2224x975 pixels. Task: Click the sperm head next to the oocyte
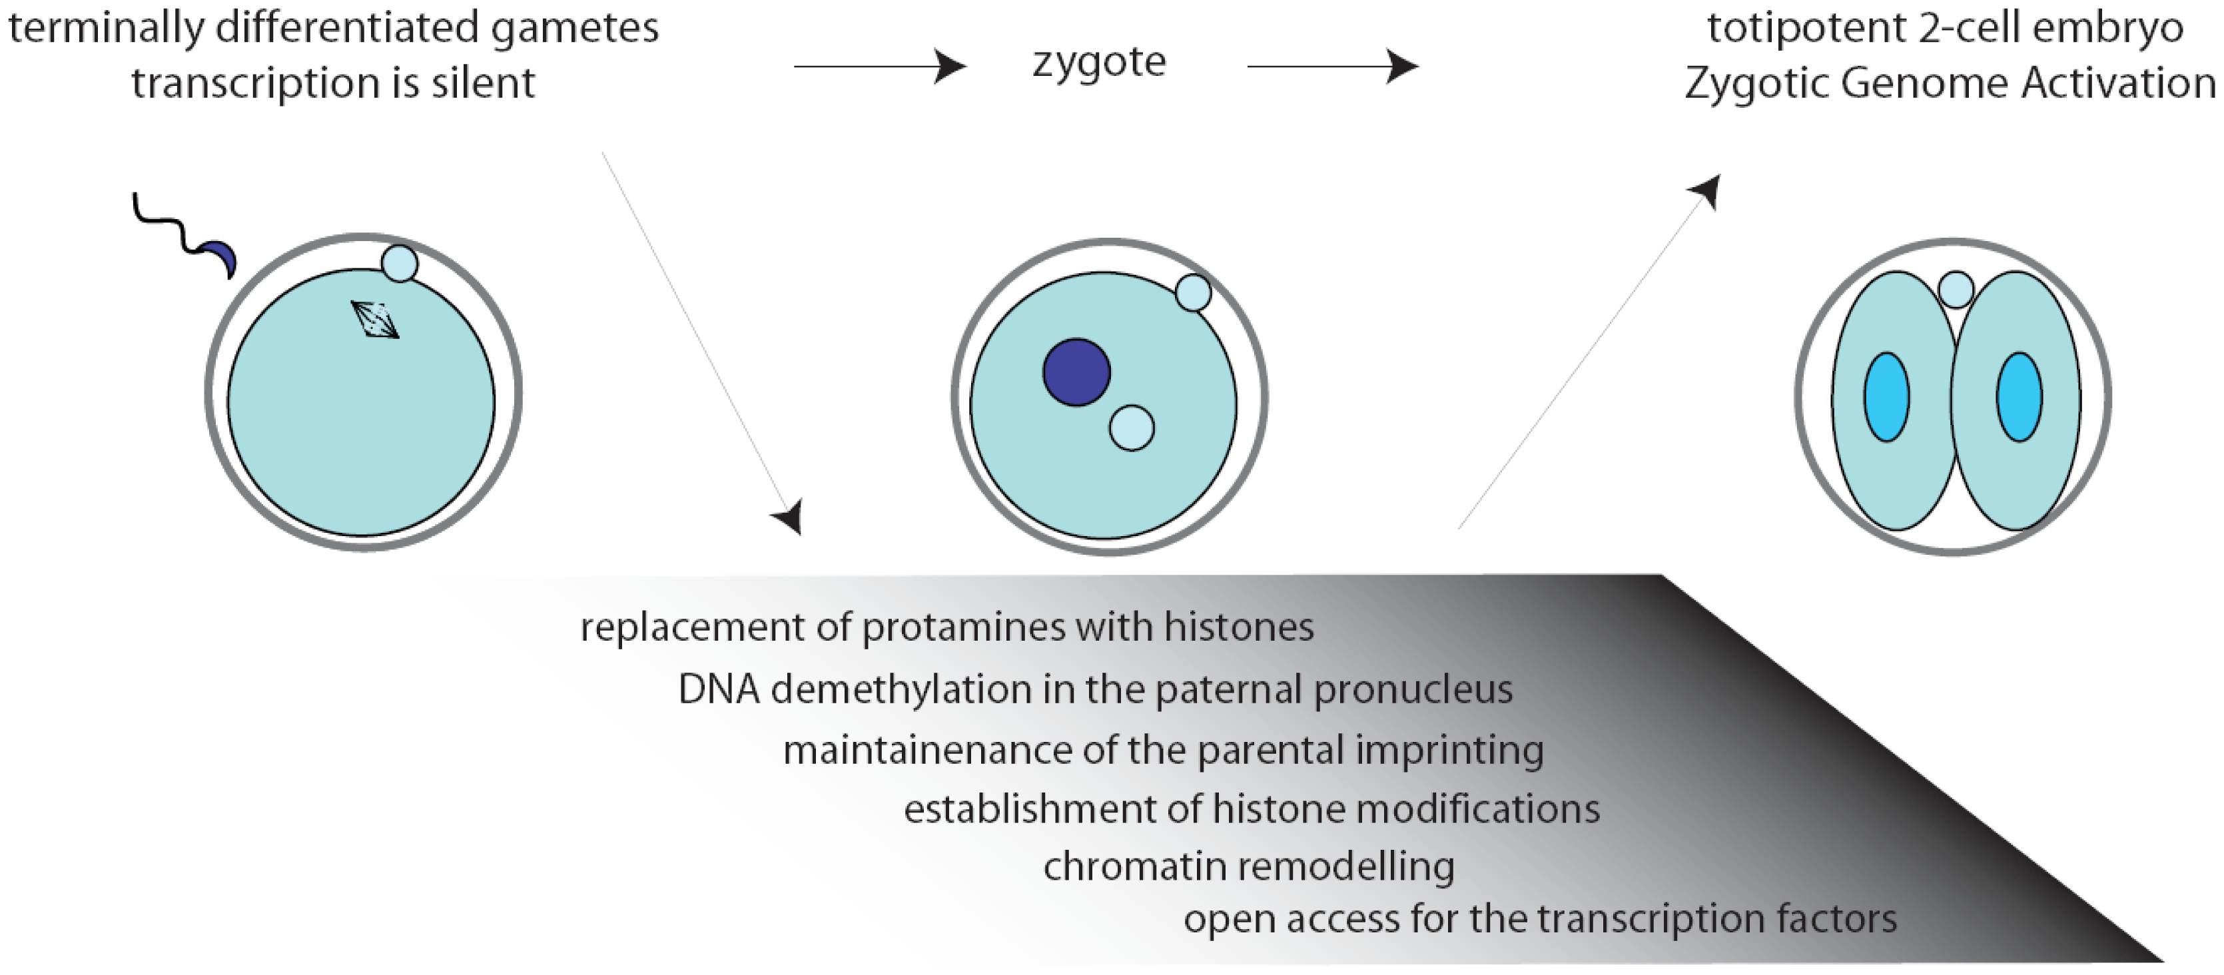(x=221, y=259)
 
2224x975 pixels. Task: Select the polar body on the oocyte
(x=400, y=264)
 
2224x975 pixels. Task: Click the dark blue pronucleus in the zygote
(x=1076, y=372)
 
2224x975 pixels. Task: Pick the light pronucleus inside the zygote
(x=1131, y=428)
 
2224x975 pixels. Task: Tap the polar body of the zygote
(x=1193, y=293)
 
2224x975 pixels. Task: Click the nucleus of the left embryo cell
(x=1886, y=397)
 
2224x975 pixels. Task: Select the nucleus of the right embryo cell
(x=2019, y=397)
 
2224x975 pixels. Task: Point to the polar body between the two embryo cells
(x=1956, y=289)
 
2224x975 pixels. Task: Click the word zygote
(x=1099, y=62)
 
